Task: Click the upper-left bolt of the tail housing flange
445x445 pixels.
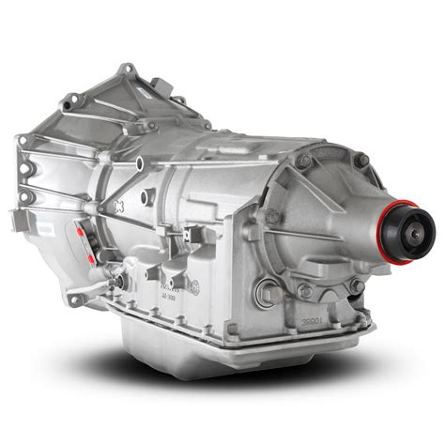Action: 299,161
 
